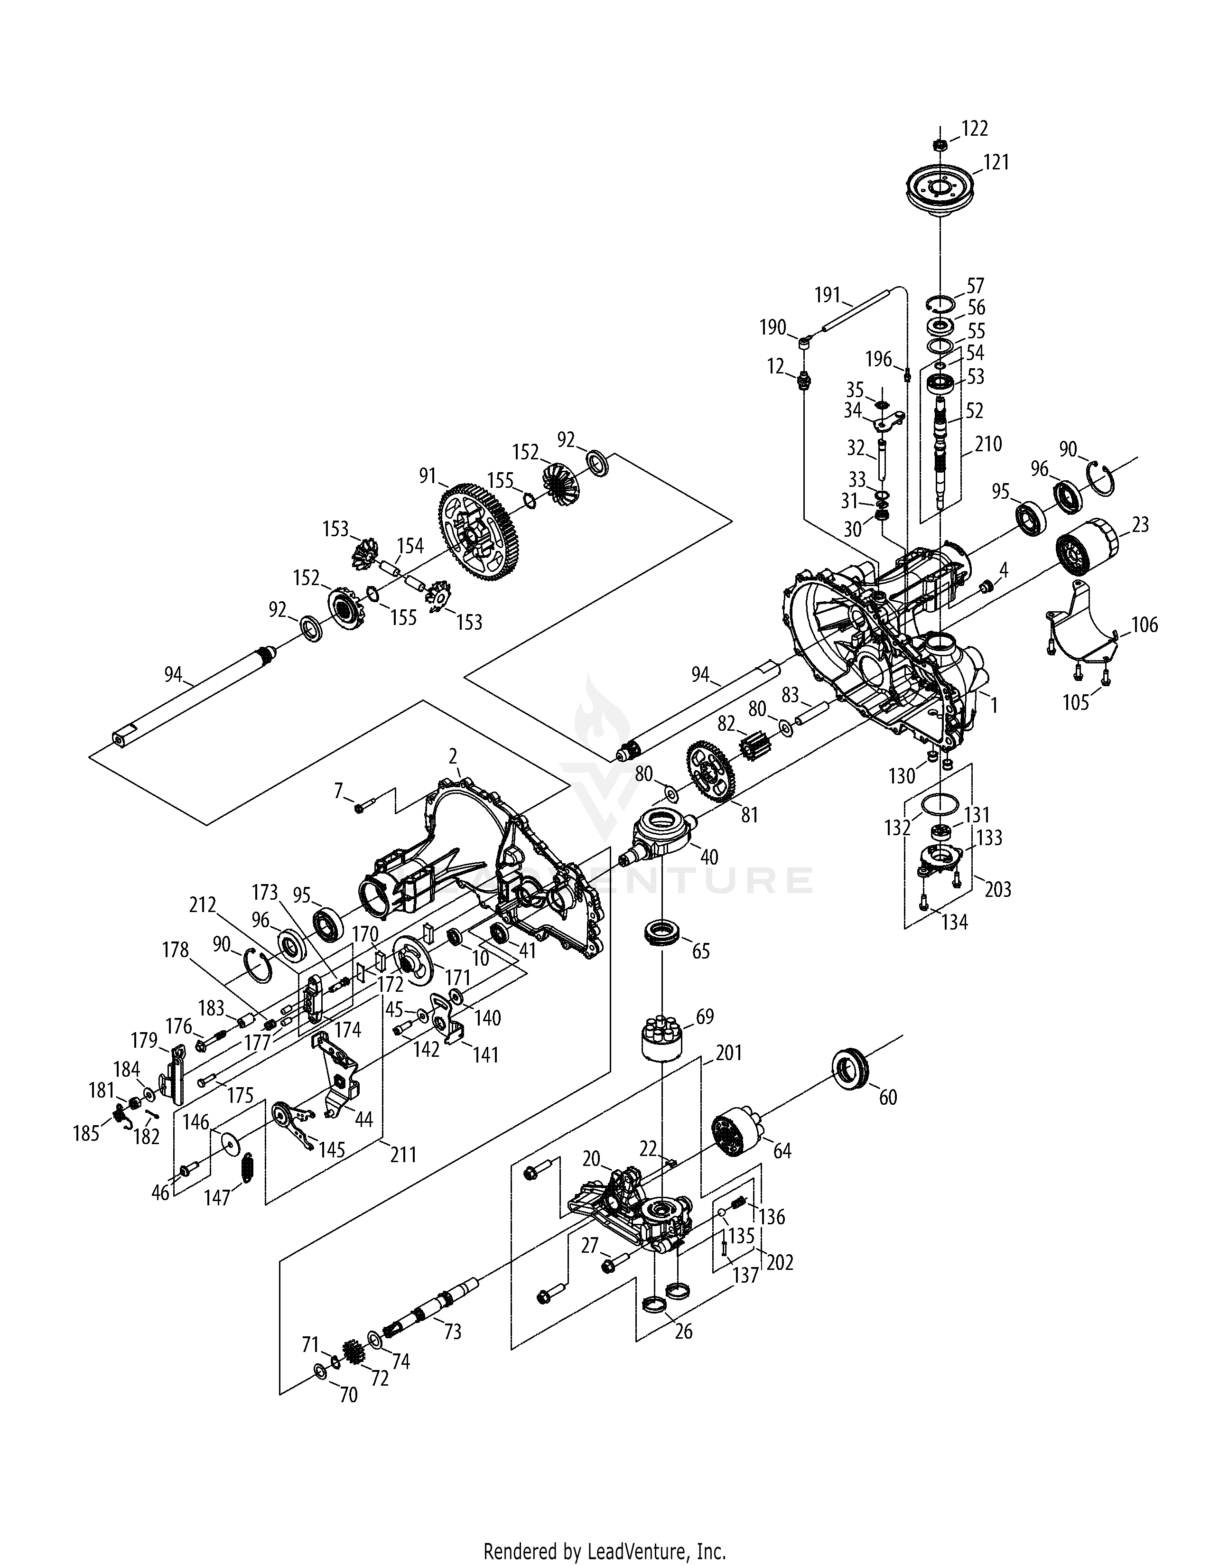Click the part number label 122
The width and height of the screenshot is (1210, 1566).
975,129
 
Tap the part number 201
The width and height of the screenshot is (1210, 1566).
728,1053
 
